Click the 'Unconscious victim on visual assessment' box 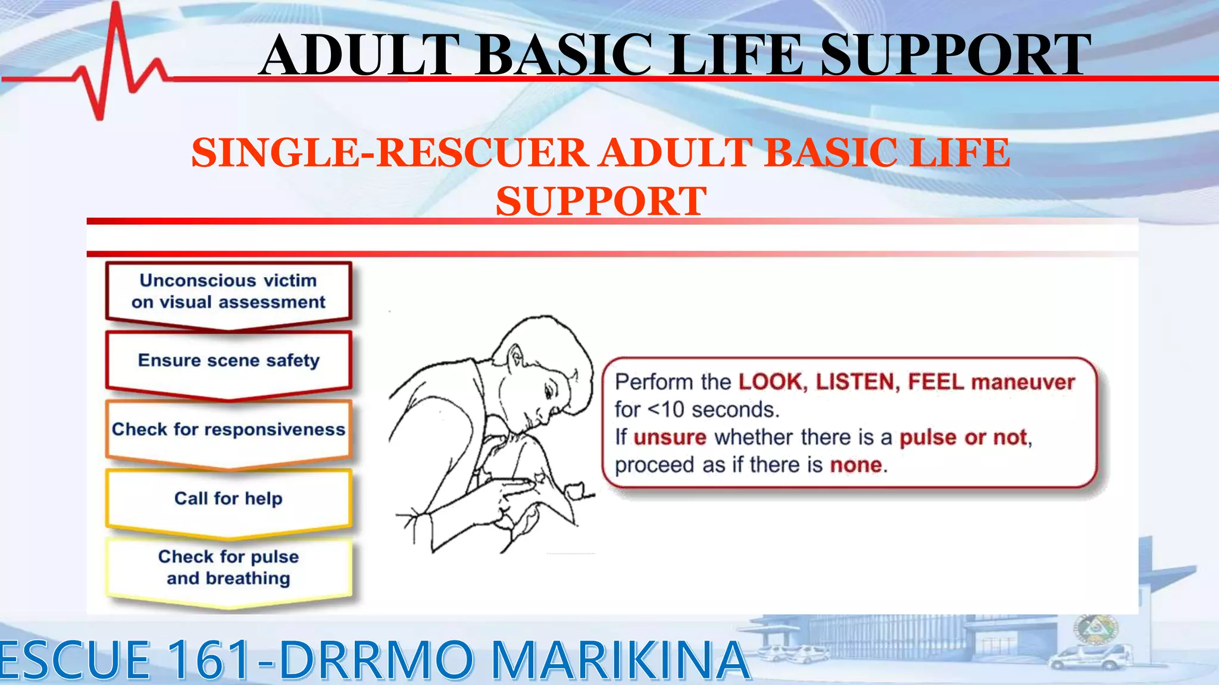(x=229, y=291)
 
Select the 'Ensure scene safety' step (x=229, y=360)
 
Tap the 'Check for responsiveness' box (x=229, y=429)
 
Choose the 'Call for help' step (x=229, y=498)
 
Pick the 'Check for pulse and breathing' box (x=229, y=567)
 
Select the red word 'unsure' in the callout (x=670, y=437)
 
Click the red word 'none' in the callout (x=855, y=464)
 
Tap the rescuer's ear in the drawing (x=515, y=359)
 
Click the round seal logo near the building (x=1096, y=629)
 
